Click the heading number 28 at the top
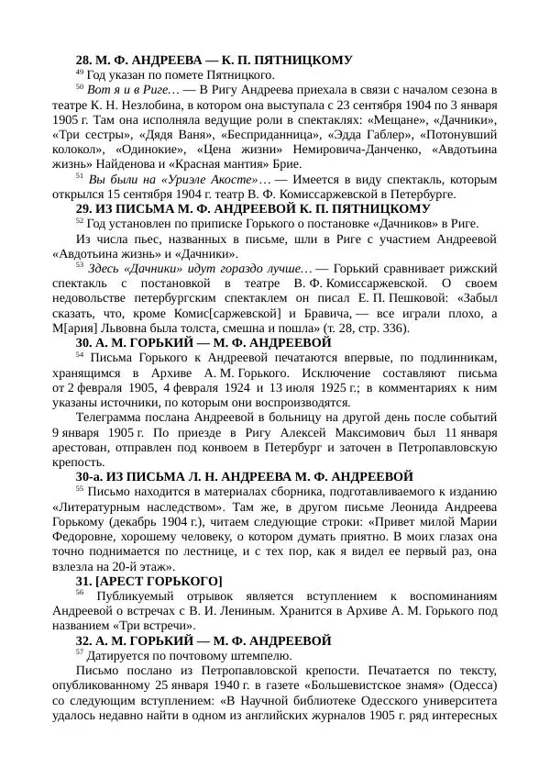click(x=84, y=60)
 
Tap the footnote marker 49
click(x=79, y=72)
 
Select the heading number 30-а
click(x=89, y=476)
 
